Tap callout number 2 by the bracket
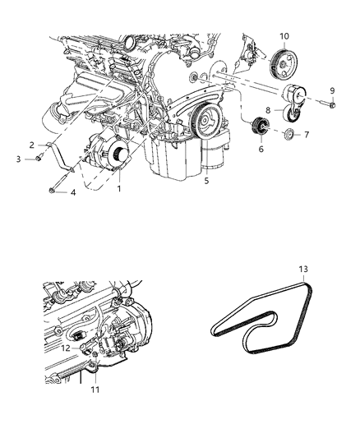pyautogui.click(x=32, y=145)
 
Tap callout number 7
pyautogui.click(x=306, y=134)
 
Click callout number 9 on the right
pyautogui.click(x=332, y=90)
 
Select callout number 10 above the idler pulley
pyautogui.click(x=284, y=36)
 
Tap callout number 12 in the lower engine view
pyautogui.click(x=65, y=348)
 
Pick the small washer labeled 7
pyautogui.click(x=288, y=133)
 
